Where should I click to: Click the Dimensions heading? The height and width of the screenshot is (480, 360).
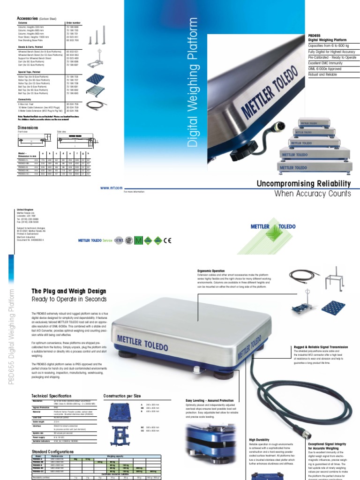(27, 127)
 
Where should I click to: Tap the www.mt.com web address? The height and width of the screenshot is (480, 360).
(108, 187)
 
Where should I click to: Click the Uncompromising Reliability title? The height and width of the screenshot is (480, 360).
(304, 183)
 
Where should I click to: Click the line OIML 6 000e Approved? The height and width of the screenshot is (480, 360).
(324, 68)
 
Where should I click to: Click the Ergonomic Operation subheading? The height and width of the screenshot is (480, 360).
(212, 270)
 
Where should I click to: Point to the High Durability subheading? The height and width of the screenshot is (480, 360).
(259, 440)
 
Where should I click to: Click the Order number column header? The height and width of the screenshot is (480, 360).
(74, 22)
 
